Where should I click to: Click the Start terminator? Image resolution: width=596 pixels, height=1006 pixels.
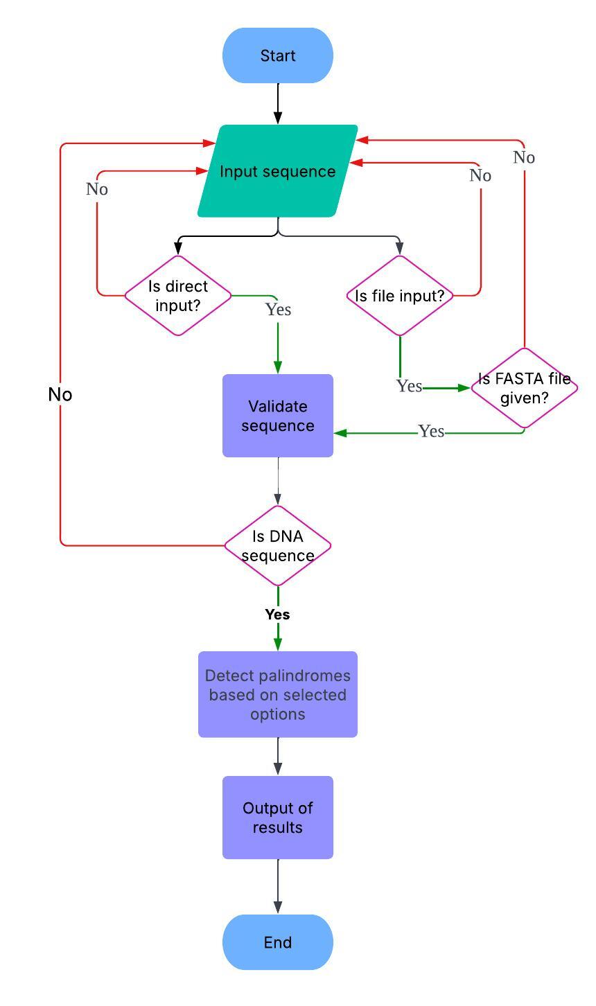tap(277, 55)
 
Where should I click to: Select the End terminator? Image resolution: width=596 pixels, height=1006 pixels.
tap(277, 942)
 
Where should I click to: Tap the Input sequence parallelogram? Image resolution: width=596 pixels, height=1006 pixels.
tap(277, 171)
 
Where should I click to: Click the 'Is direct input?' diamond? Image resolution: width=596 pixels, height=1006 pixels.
tap(178, 295)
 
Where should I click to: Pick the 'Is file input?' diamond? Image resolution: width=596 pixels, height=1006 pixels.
tap(400, 296)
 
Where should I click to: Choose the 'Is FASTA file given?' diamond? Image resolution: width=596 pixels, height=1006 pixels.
tap(524, 388)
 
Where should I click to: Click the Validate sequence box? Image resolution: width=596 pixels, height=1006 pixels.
tap(277, 416)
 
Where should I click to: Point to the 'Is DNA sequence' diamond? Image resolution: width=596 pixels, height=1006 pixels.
tap(277, 545)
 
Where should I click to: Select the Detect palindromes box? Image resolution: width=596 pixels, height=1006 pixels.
tap(277, 694)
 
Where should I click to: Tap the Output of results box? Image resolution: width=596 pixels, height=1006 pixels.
tap(277, 818)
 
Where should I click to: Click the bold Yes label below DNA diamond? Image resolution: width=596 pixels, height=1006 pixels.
tap(277, 615)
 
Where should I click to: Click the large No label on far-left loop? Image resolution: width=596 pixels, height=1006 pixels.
tap(60, 394)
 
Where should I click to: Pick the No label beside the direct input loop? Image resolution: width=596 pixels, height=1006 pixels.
tap(97, 189)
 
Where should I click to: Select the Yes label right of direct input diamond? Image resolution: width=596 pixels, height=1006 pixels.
tap(278, 310)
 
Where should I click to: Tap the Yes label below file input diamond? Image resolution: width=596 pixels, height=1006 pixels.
tap(409, 386)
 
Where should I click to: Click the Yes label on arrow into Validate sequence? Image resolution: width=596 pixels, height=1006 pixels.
tap(431, 432)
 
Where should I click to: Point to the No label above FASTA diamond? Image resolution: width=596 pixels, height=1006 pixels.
tap(524, 158)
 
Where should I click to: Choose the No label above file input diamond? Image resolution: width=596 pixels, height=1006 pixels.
tap(480, 176)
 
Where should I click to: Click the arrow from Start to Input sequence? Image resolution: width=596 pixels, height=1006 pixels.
tap(277, 104)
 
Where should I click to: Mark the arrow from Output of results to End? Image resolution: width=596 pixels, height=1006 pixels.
tap(277, 887)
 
